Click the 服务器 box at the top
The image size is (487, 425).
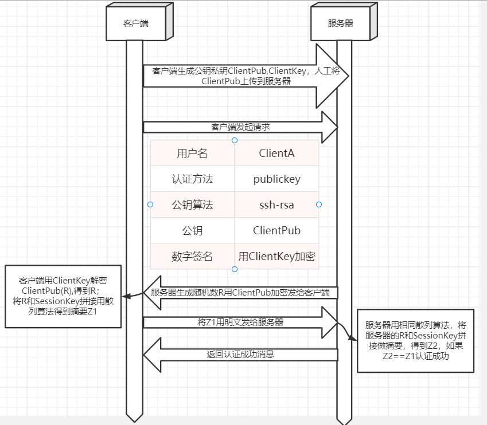340,23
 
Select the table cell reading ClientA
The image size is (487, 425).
276,154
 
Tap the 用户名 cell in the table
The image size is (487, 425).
192,154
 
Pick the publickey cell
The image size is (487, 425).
276,179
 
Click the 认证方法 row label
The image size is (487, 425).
192,179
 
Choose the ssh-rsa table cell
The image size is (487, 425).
276,204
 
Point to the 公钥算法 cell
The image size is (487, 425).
192,204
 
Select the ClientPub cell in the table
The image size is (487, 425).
276,231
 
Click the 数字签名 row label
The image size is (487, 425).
192,257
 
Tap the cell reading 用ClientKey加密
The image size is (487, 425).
276,257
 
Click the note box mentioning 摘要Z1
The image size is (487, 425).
63,296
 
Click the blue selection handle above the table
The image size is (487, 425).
234,140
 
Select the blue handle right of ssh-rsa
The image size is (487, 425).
319,204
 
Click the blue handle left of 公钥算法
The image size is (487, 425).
150,204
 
